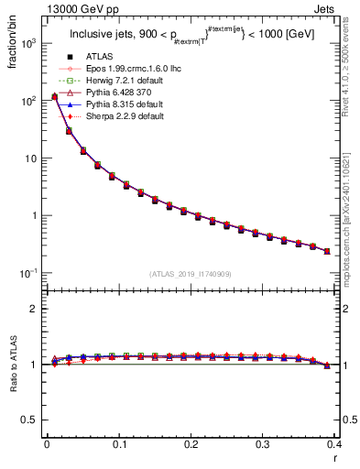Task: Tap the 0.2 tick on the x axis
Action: (x=191, y=444)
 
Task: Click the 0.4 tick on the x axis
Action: (x=334, y=444)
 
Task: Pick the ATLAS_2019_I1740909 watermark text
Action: (x=191, y=274)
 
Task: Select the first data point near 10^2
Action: (x=54, y=96)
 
